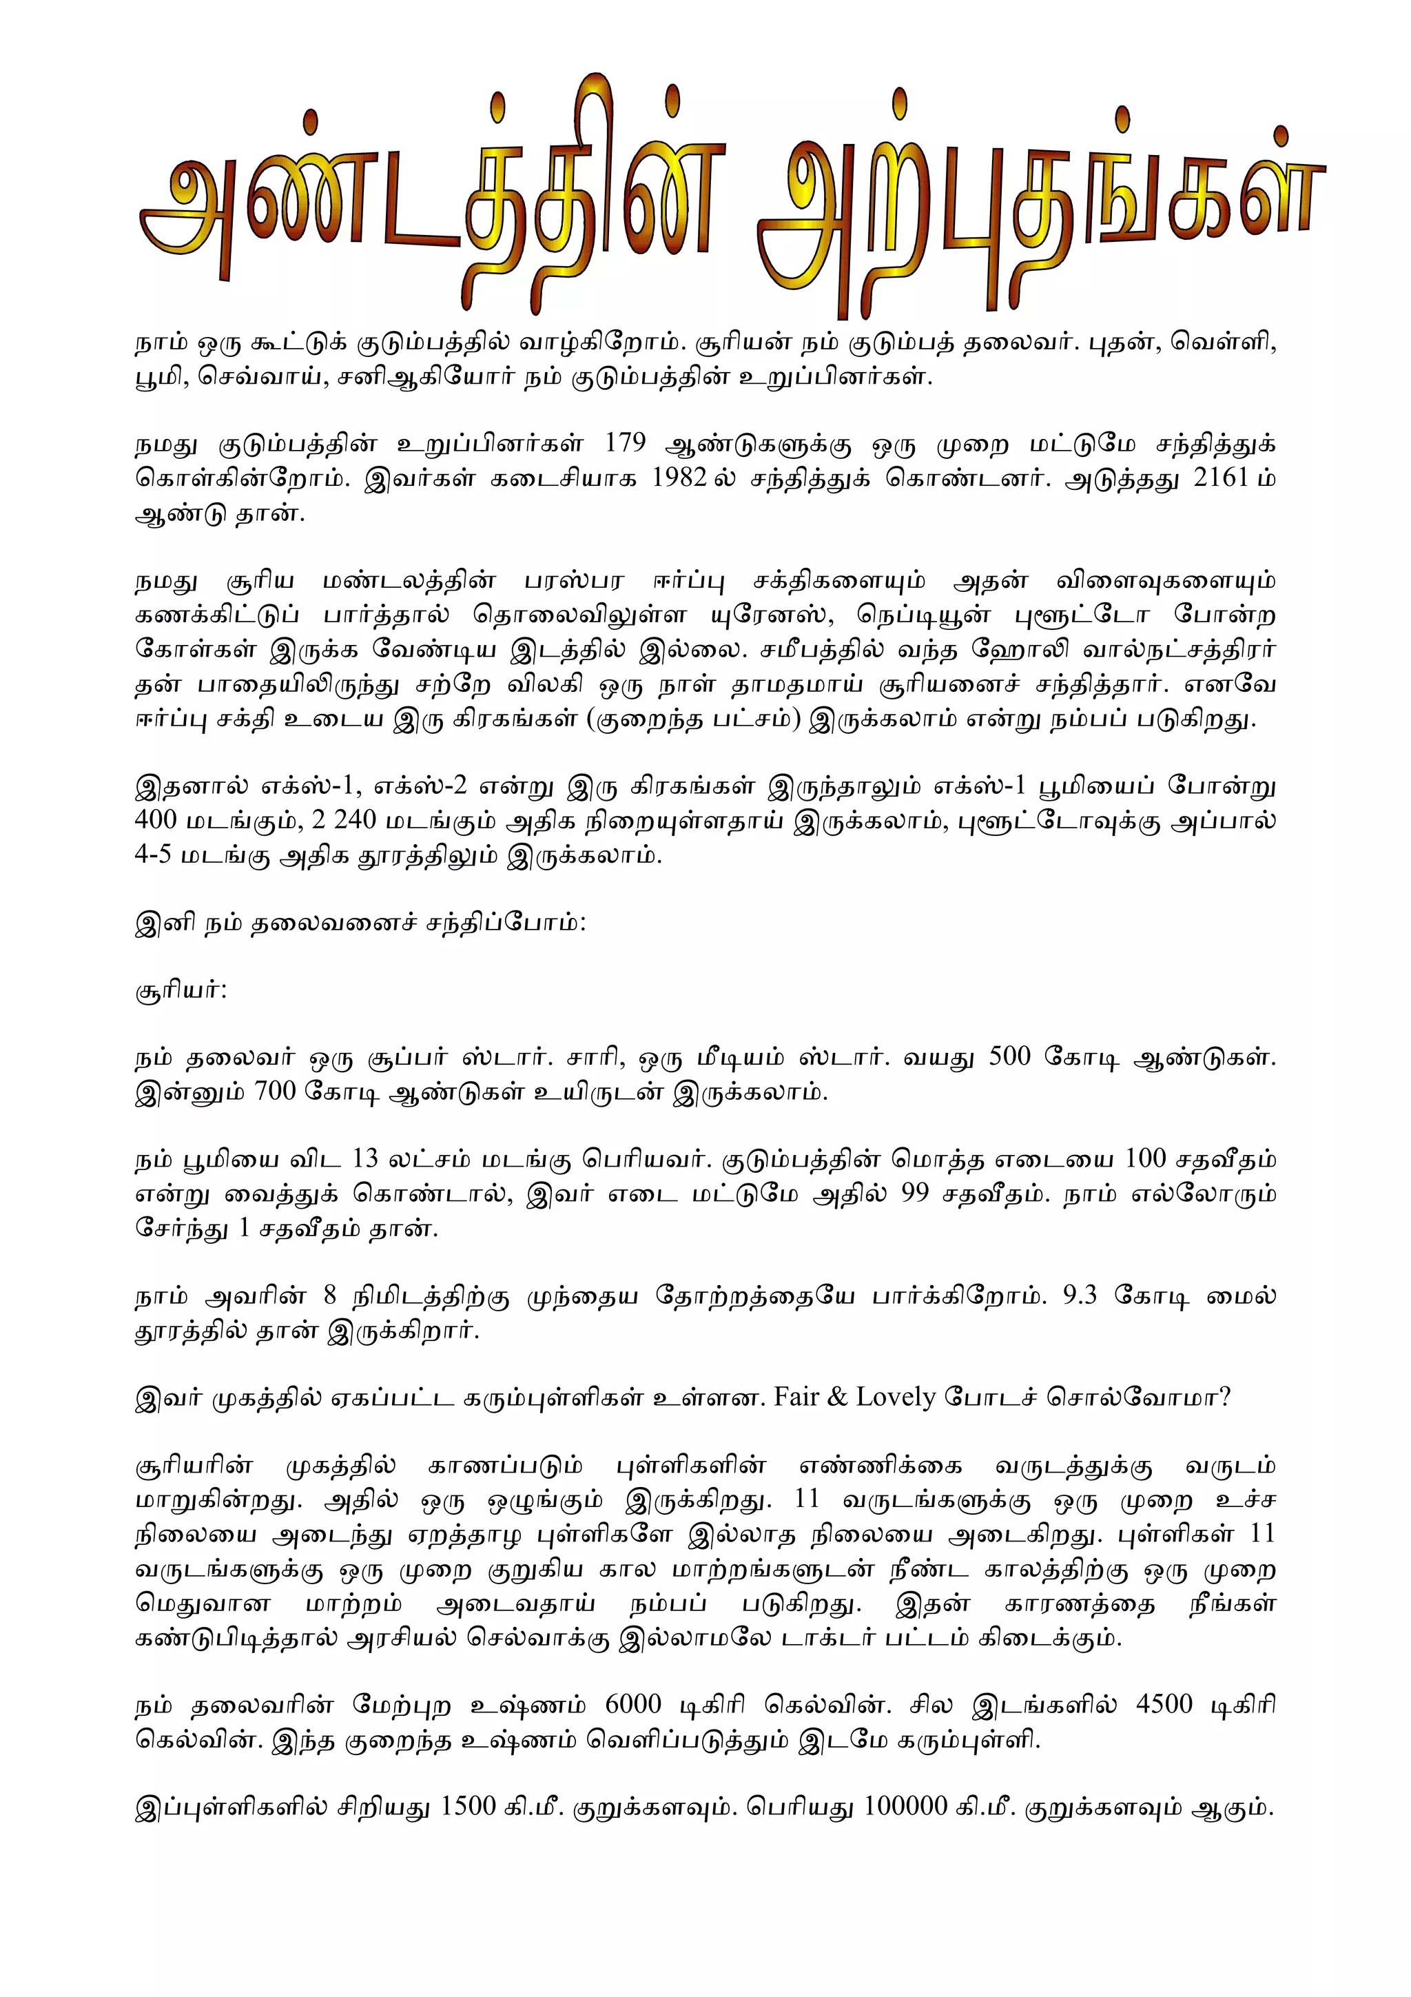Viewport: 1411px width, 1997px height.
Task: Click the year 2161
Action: click(x=1221, y=478)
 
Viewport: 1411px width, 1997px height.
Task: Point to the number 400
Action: click(x=156, y=820)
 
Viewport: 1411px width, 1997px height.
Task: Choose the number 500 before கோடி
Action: click(x=1009, y=1058)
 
